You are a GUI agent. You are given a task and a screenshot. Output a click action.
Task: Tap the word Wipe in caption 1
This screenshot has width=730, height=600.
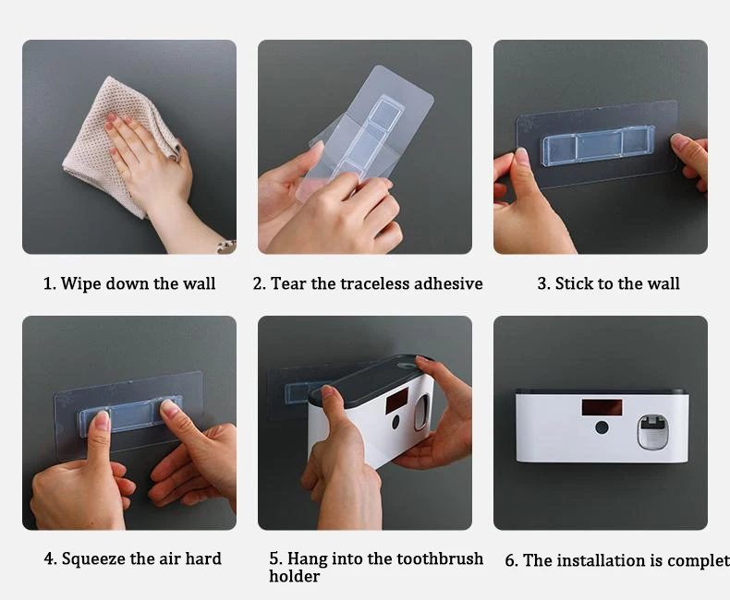tap(78, 283)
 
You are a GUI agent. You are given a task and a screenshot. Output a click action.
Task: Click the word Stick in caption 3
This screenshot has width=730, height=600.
tap(570, 283)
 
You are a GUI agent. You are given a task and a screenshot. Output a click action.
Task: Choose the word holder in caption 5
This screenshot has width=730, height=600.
tap(294, 576)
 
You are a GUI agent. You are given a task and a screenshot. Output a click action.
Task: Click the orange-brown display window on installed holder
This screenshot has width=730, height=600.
tap(602, 408)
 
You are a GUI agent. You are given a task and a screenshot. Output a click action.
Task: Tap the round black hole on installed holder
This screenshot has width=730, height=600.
tap(601, 427)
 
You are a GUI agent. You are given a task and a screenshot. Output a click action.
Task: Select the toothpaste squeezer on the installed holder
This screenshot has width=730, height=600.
tap(651, 433)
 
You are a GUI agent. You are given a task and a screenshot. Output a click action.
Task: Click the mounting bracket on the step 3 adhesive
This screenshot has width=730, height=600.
tap(597, 146)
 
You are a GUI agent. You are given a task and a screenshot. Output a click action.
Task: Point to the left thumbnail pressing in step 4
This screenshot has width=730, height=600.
tap(102, 419)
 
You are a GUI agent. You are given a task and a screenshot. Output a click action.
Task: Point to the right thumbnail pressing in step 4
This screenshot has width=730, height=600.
tap(168, 408)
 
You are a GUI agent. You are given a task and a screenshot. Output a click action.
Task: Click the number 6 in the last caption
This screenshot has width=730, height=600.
tap(510, 560)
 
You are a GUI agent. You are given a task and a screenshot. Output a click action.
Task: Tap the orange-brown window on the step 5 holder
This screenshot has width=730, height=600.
tap(396, 401)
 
